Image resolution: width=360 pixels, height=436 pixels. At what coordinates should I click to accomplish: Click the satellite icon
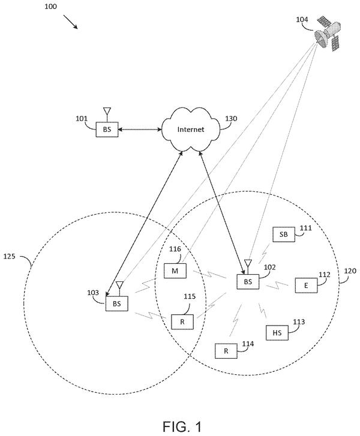pyautogui.click(x=328, y=34)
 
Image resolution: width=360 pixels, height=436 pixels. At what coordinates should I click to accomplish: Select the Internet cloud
pyautogui.click(x=191, y=130)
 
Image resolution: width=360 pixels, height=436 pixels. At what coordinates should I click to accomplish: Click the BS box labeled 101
pyautogui.click(x=107, y=130)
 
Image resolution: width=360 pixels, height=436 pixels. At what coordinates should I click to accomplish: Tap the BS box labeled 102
pyautogui.click(x=248, y=282)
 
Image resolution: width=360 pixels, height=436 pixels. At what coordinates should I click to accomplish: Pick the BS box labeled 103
pyautogui.click(x=117, y=303)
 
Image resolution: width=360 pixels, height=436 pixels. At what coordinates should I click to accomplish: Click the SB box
pyautogui.click(x=283, y=234)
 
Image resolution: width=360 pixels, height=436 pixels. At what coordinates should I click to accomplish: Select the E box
pyautogui.click(x=306, y=285)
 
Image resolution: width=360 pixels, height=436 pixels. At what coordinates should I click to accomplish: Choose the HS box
pyautogui.click(x=277, y=333)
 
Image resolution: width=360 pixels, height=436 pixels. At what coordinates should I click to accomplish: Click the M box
pyautogui.click(x=175, y=270)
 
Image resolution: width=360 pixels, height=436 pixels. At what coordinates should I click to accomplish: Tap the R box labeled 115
pyautogui.click(x=182, y=321)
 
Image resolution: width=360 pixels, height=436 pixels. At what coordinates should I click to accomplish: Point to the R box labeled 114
pyautogui.click(x=226, y=351)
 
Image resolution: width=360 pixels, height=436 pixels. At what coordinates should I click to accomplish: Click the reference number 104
pyautogui.click(x=302, y=19)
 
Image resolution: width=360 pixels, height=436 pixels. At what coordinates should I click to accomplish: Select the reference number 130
pyautogui.click(x=231, y=119)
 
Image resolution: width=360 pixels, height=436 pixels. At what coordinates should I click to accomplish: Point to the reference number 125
pyautogui.click(x=9, y=256)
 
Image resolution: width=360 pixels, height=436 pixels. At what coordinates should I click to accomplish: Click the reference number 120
pyautogui.click(x=350, y=270)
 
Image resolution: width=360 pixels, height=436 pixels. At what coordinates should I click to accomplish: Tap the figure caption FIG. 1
pyautogui.click(x=182, y=426)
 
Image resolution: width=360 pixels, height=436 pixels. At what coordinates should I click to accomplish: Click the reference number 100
pyautogui.click(x=50, y=6)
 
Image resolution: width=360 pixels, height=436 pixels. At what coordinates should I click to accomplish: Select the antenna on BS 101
pyautogui.click(x=107, y=115)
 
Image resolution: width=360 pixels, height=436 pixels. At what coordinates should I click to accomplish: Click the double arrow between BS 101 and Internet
pyautogui.click(x=140, y=130)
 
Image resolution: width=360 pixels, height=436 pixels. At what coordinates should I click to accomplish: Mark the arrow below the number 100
pyautogui.click(x=70, y=22)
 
